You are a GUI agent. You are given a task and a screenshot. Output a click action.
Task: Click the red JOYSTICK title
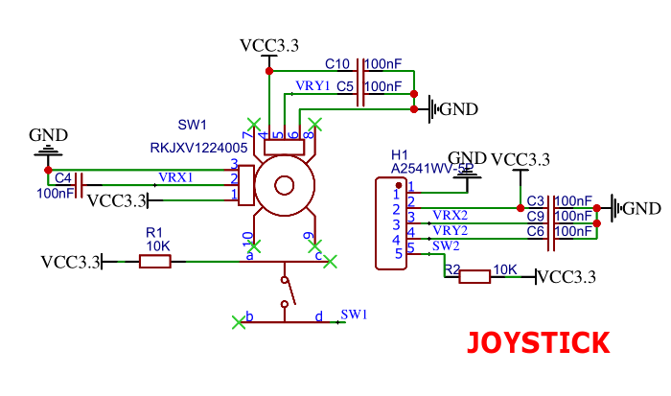(538, 343)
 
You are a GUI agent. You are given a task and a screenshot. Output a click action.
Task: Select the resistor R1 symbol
(155, 261)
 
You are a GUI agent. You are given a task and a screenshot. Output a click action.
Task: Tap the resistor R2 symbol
(474, 277)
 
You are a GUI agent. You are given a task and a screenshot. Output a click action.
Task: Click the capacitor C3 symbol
(551, 207)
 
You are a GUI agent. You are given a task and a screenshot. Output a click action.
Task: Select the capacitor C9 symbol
(551, 223)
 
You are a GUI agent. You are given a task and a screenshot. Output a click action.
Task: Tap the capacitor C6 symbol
(551, 239)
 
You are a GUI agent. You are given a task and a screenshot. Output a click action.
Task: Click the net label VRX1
(175, 177)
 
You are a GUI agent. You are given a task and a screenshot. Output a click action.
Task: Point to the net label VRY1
(312, 85)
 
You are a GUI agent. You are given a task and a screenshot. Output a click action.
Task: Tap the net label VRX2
(450, 215)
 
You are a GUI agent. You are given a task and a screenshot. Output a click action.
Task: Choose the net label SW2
(446, 245)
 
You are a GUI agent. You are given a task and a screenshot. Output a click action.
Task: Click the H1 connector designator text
(400, 154)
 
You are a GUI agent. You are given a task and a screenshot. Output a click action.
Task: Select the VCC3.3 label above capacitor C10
(268, 45)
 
